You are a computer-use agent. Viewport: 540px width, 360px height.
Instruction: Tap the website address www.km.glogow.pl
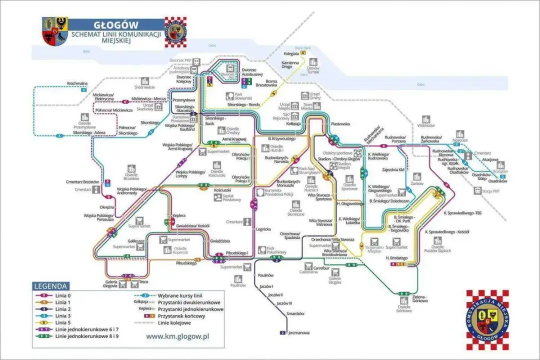click(x=177, y=336)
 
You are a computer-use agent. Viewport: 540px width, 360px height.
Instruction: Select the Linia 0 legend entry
click(x=63, y=296)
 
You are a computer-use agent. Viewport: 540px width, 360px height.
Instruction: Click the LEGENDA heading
click(x=50, y=286)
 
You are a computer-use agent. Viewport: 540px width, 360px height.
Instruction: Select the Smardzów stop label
click(x=295, y=313)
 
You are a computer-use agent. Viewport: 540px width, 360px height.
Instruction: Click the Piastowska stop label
click(x=340, y=123)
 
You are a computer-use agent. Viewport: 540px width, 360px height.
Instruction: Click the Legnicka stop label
click(x=263, y=229)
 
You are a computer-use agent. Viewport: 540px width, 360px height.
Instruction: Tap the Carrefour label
click(x=321, y=268)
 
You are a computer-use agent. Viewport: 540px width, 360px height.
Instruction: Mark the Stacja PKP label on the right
click(x=494, y=191)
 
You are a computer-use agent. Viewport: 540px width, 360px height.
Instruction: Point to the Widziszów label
click(x=426, y=126)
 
